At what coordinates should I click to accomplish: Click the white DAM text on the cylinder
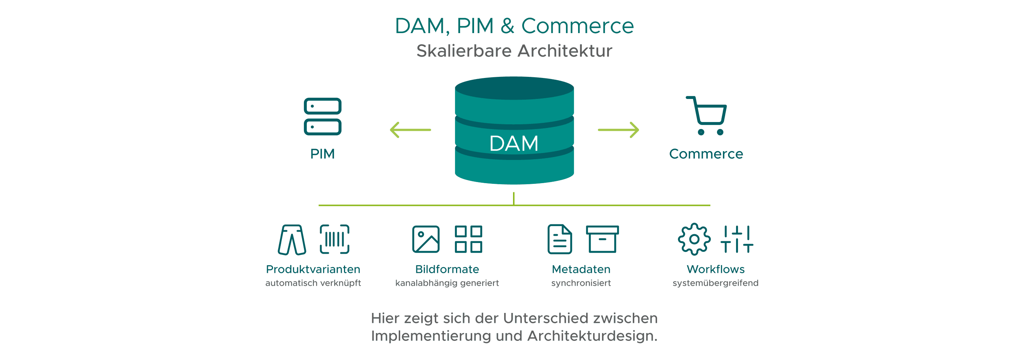pyautogui.click(x=514, y=143)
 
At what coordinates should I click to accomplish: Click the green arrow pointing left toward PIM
pyautogui.click(x=410, y=130)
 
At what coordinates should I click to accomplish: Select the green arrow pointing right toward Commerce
pyautogui.click(x=619, y=130)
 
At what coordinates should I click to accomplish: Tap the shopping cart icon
pyautogui.click(x=707, y=115)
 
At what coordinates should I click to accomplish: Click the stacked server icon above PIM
pyautogui.click(x=322, y=117)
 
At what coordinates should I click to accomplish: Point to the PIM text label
pyautogui.click(x=322, y=154)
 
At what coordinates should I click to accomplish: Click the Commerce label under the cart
pyautogui.click(x=706, y=154)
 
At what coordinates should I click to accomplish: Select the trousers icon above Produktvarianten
pyautogui.click(x=292, y=240)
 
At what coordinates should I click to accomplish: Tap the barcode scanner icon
pyautogui.click(x=334, y=239)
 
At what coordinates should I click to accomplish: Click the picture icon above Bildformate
pyautogui.click(x=426, y=239)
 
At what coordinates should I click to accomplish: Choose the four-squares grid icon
pyautogui.click(x=468, y=239)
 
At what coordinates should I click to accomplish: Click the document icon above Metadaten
pyautogui.click(x=559, y=239)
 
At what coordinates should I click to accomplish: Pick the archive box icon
pyautogui.click(x=602, y=239)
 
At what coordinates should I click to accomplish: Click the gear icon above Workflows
pyautogui.click(x=694, y=239)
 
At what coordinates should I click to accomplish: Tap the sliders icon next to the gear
pyautogui.click(x=736, y=239)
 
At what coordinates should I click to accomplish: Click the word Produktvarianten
pyautogui.click(x=313, y=269)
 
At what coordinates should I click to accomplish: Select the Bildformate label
pyautogui.click(x=447, y=269)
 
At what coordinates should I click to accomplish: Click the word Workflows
pyautogui.click(x=716, y=269)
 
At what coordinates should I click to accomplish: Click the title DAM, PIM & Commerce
pyautogui.click(x=514, y=26)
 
